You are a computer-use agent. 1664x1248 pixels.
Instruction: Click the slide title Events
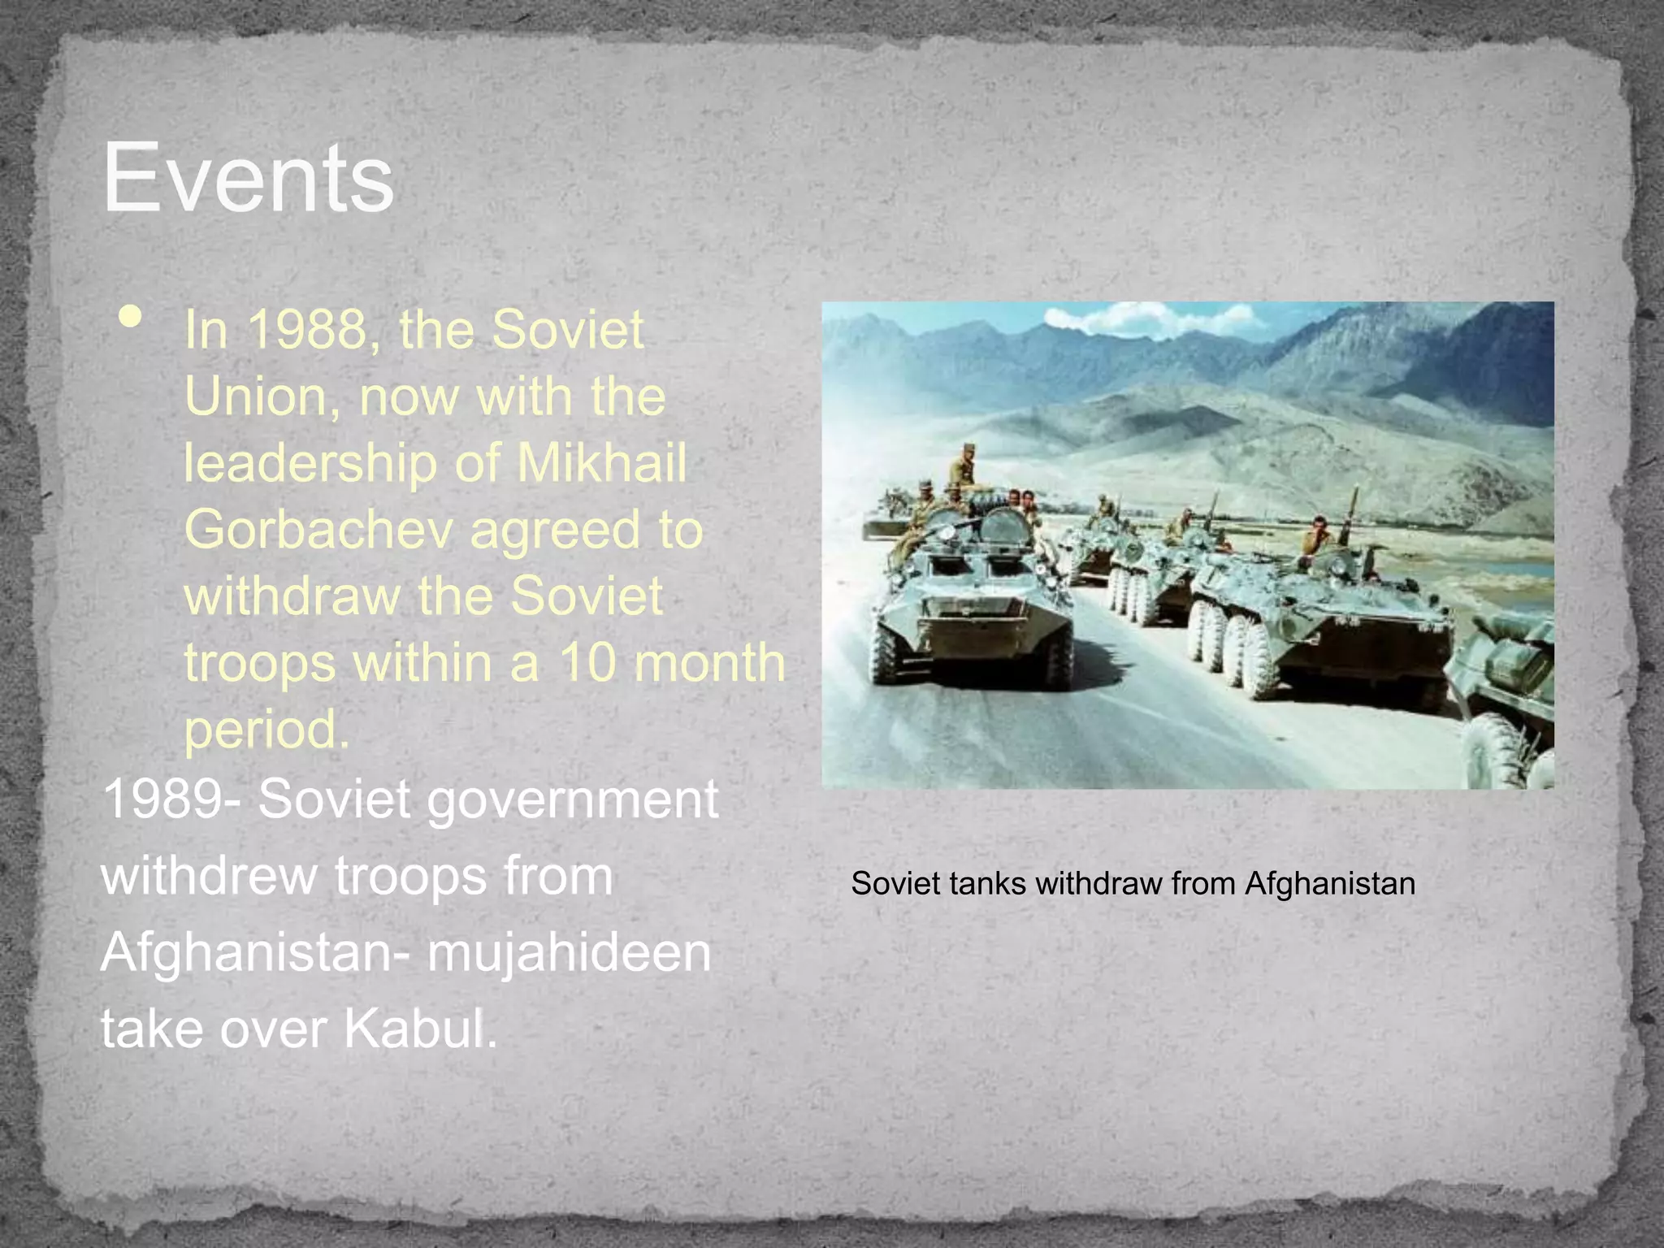click(x=248, y=177)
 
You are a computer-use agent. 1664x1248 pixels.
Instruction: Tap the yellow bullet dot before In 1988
click(x=130, y=317)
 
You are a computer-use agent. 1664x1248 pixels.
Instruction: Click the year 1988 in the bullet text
click(x=307, y=330)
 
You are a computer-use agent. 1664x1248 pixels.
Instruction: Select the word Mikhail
click(x=602, y=463)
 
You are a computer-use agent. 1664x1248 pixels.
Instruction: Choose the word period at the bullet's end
click(x=266, y=730)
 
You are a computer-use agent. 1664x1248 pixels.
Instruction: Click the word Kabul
click(x=418, y=1029)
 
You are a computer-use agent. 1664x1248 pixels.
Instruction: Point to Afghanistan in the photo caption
click(x=1329, y=883)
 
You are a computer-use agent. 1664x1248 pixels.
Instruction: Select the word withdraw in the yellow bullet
click(x=292, y=596)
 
